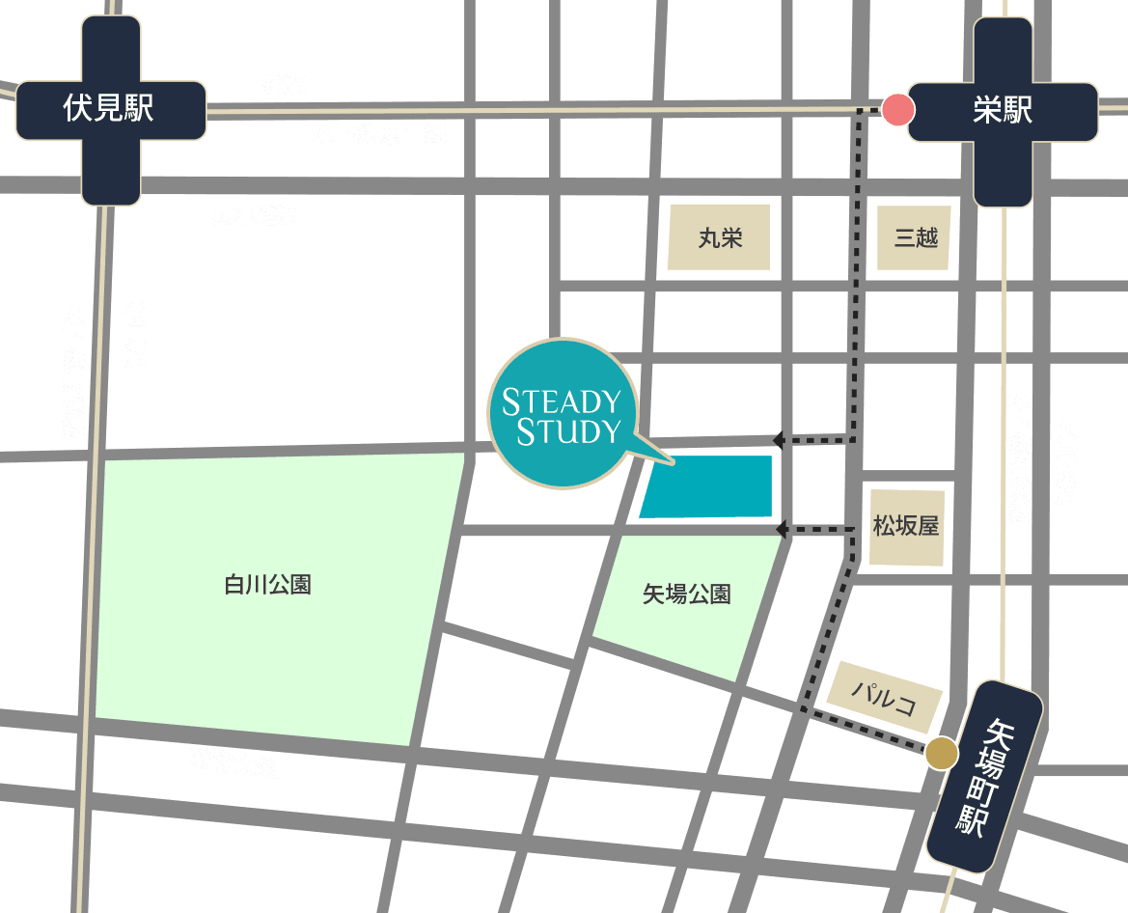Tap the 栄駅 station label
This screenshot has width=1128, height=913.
[x=1003, y=111]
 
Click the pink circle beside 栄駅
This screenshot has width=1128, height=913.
[x=898, y=110]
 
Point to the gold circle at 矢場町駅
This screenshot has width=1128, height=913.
[x=941, y=754]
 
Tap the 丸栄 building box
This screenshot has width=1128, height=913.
[x=720, y=237]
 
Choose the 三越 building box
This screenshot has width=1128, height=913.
[x=915, y=237]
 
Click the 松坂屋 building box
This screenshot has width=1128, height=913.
[x=906, y=527]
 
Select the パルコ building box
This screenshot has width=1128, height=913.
[x=885, y=695]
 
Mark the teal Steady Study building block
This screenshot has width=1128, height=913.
[x=707, y=486]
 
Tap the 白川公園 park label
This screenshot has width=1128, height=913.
[x=267, y=585]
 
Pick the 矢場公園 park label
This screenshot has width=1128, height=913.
[x=686, y=595]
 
